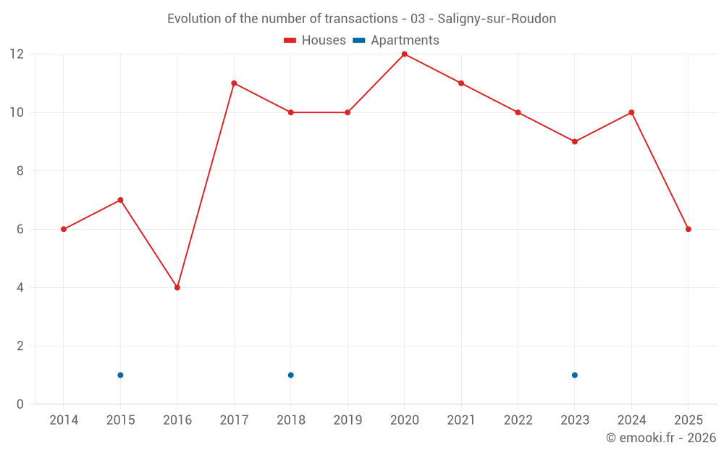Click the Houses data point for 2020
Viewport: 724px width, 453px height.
404,54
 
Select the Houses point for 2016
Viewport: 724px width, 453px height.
177,288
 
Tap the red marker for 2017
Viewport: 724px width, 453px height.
234,83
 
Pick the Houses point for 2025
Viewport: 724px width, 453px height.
689,229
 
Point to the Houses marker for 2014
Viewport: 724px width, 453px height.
64,229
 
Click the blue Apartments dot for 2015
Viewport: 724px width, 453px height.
120,375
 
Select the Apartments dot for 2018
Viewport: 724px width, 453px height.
290,375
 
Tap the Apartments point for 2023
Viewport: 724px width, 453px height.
575,375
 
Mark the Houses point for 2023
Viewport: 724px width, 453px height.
575,141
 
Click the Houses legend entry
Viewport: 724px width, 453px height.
315,41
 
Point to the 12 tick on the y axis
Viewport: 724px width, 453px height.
17,54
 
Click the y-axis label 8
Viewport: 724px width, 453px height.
20,171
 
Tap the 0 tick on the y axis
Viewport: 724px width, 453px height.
20,404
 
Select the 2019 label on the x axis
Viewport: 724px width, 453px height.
348,420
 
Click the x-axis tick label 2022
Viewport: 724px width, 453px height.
518,420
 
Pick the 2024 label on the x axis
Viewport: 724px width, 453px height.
631,420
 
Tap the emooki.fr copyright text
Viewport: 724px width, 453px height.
661,438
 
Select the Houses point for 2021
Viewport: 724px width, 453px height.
461,83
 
